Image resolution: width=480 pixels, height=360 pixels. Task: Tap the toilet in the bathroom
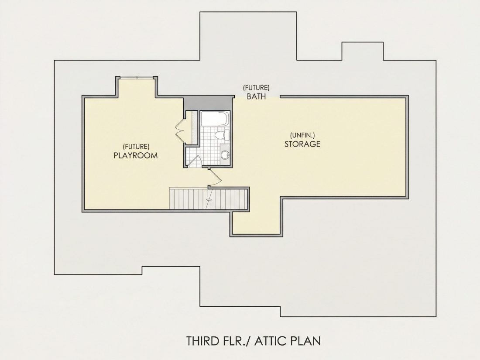tap(222, 135)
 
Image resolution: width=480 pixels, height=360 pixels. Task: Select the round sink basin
tap(225, 155)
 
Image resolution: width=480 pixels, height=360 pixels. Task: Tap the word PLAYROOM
tap(136, 155)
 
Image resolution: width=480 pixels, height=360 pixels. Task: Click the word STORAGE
tap(302, 144)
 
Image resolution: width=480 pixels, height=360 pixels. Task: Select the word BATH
tap(256, 96)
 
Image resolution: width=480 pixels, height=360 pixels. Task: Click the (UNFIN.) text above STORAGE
tap(302, 135)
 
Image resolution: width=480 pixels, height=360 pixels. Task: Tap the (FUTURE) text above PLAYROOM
tap(136, 147)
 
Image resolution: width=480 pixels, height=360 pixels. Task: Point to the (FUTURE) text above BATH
tap(256, 88)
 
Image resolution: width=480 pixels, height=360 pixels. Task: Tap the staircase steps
tap(208, 199)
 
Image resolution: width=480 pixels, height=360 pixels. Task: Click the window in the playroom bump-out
tap(137, 77)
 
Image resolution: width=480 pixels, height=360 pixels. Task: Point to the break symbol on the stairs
tap(209, 199)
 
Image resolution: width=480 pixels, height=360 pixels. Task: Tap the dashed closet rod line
tap(192, 127)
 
